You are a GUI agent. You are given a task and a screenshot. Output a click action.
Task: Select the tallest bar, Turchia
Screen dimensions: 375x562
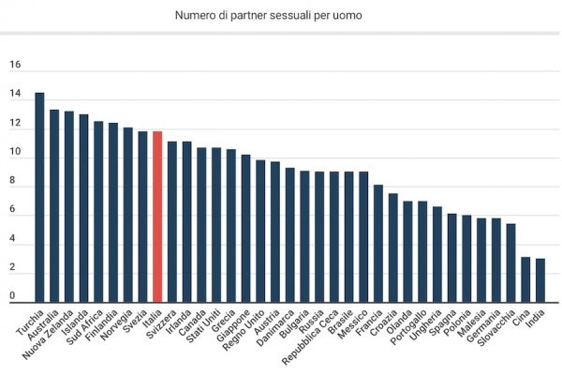pyautogui.click(x=39, y=198)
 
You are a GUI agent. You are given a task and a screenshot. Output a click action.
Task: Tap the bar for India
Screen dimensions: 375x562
pyautogui.click(x=540, y=280)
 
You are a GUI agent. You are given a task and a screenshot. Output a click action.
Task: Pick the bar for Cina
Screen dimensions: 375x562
pyautogui.click(x=525, y=279)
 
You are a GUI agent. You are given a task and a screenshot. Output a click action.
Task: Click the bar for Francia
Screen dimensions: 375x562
pyautogui.click(x=378, y=244)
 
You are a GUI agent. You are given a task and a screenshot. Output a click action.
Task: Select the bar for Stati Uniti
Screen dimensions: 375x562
pyautogui.click(x=216, y=225)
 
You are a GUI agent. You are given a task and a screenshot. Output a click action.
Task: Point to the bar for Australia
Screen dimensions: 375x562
pyautogui.click(x=54, y=206)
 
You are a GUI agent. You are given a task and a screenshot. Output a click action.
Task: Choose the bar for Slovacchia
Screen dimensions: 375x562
pyautogui.click(x=510, y=262)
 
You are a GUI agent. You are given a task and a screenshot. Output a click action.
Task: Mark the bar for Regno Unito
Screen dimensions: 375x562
pyautogui.click(x=260, y=231)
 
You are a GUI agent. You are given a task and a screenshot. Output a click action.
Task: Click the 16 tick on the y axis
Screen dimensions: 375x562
pyautogui.click(x=14, y=66)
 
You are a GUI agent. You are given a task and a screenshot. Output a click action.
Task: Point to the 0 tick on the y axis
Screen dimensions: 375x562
pyautogui.click(x=14, y=297)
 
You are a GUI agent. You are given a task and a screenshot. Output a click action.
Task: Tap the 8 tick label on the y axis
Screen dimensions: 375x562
pyautogui.click(x=14, y=182)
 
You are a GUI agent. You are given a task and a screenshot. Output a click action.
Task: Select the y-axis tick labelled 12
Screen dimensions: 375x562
pyautogui.click(x=14, y=124)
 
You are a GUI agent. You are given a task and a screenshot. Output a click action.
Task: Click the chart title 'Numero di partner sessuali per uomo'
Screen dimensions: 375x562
pyautogui.click(x=280, y=16)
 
